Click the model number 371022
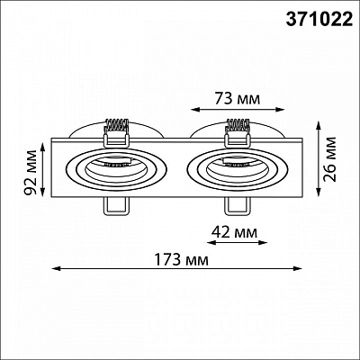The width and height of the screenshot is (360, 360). coord(319,20)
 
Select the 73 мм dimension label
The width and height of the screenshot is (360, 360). coord(238,98)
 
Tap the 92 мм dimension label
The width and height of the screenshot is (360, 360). coord(31,169)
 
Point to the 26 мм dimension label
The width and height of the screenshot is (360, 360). coord(329,159)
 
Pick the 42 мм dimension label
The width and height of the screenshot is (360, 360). coord(235,232)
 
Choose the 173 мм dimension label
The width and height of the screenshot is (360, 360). coord(181,259)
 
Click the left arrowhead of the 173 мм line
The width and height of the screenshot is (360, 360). coord(57,268)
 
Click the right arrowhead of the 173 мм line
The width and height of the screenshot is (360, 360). coord(297,268)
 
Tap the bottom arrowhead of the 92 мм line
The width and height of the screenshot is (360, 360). coord(43,192)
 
